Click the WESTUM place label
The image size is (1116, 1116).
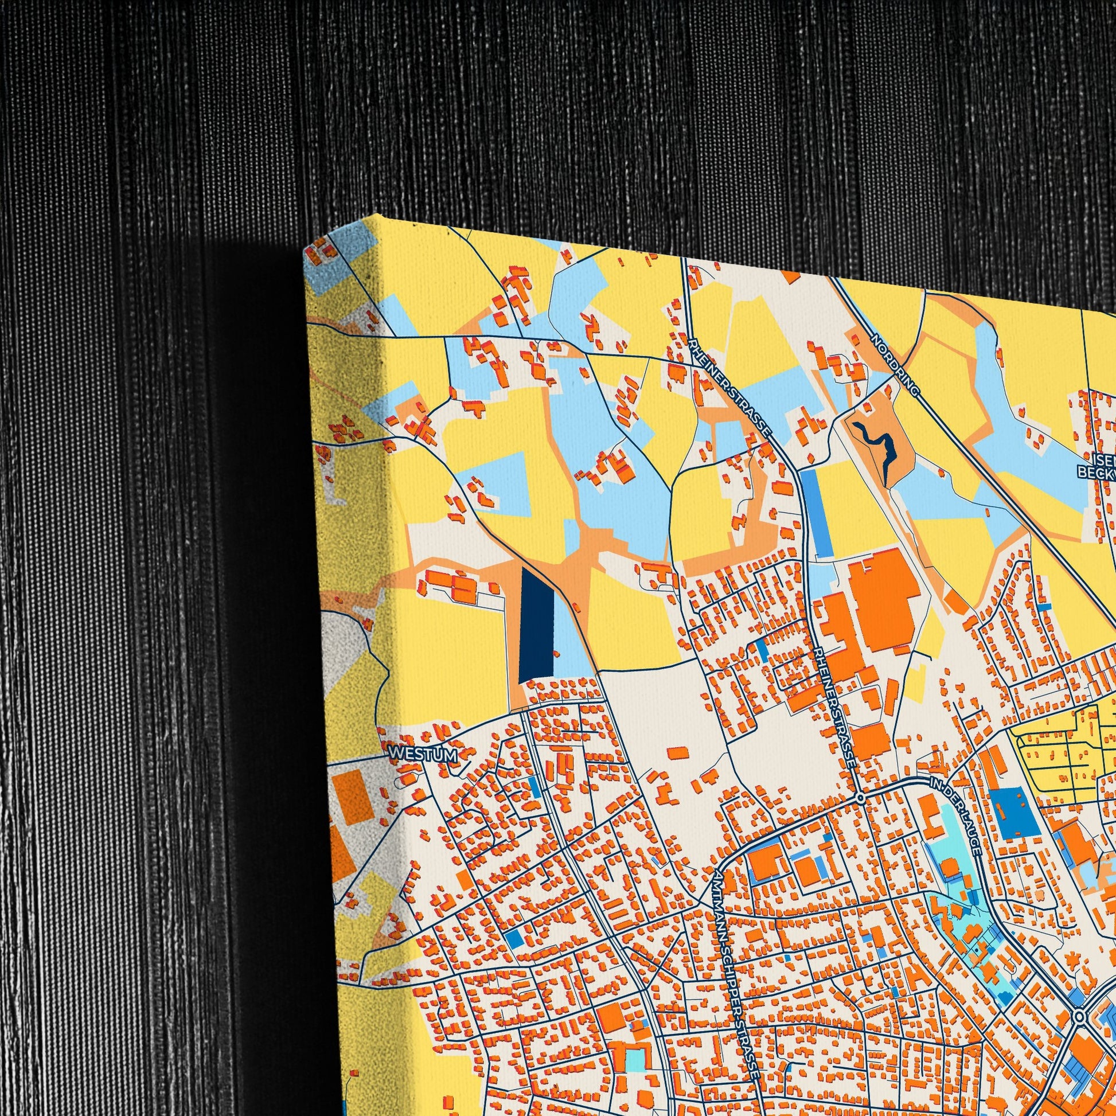423,755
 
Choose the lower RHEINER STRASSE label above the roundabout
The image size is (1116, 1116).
835,706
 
